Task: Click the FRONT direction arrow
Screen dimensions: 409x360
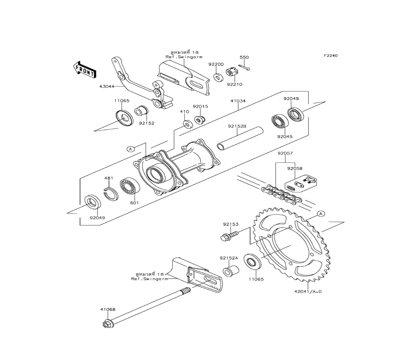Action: click(84, 70)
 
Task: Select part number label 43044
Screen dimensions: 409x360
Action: click(107, 86)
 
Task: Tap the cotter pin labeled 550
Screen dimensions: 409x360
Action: click(245, 68)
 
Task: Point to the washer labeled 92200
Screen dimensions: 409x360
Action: click(217, 77)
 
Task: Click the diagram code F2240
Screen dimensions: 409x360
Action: click(331, 56)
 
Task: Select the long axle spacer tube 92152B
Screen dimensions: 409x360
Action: click(240, 139)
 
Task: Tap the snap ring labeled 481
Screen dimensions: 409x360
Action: click(111, 194)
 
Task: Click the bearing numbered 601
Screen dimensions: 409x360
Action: click(130, 187)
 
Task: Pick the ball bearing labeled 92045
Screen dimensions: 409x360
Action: click(280, 122)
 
